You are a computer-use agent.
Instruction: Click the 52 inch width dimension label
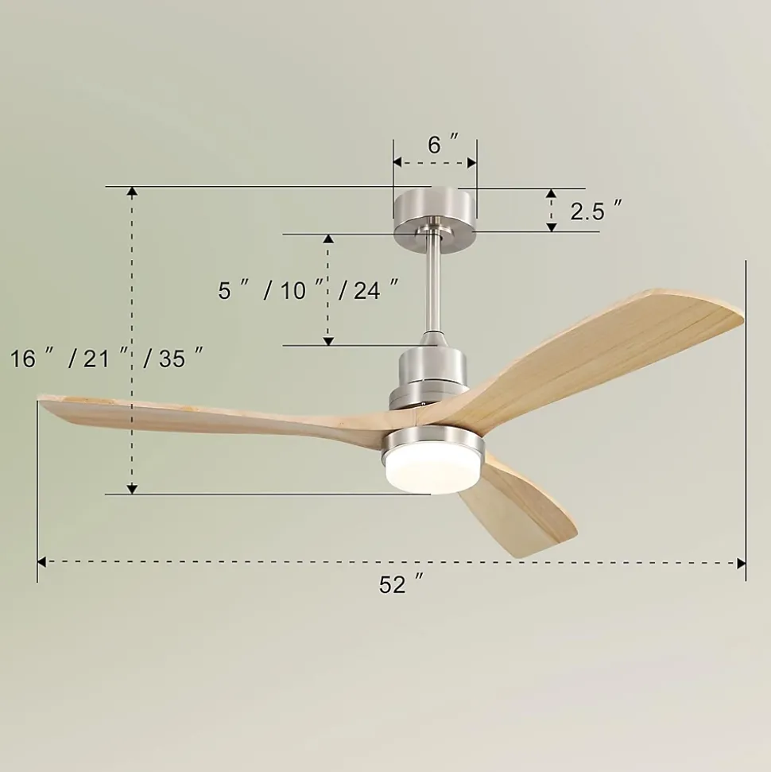pos(401,584)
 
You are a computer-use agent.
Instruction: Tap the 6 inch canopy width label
pos(443,144)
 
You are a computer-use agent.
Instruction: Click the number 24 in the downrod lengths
pos(367,290)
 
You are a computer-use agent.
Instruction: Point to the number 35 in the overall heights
pos(172,358)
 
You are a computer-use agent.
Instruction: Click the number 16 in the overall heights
pos(23,358)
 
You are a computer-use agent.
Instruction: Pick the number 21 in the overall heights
pos(96,358)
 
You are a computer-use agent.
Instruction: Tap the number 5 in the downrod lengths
pos(224,290)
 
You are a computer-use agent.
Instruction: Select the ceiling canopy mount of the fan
pos(435,212)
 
